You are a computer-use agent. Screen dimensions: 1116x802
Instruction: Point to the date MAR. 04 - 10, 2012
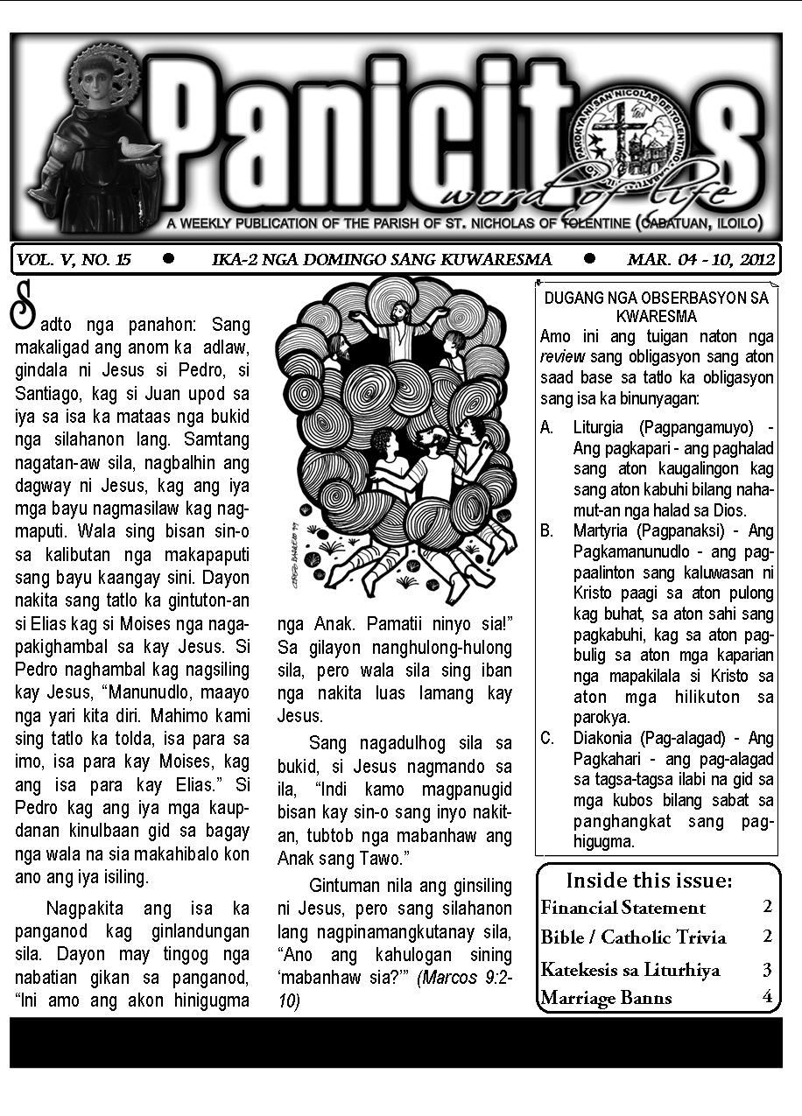tap(701, 259)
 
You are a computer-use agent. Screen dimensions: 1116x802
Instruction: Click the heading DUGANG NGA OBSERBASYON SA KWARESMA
tap(656, 306)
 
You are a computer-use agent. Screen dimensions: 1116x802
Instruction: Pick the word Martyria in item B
tap(603, 531)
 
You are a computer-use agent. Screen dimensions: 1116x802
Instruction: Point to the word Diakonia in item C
tap(605, 738)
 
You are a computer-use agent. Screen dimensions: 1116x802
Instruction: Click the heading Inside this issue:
tap(649, 881)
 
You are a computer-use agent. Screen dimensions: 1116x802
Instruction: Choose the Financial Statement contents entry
tap(623, 908)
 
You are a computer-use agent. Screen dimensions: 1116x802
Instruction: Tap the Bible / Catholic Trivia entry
tap(634, 937)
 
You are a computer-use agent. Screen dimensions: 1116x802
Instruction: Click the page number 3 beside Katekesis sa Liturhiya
tap(767, 968)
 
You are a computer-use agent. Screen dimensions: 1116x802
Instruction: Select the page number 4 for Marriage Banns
tap(767, 996)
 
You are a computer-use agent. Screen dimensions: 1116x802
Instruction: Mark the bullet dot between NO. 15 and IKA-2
tap(169, 258)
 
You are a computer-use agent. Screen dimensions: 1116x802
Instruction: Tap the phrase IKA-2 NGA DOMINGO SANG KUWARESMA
tap(382, 259)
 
